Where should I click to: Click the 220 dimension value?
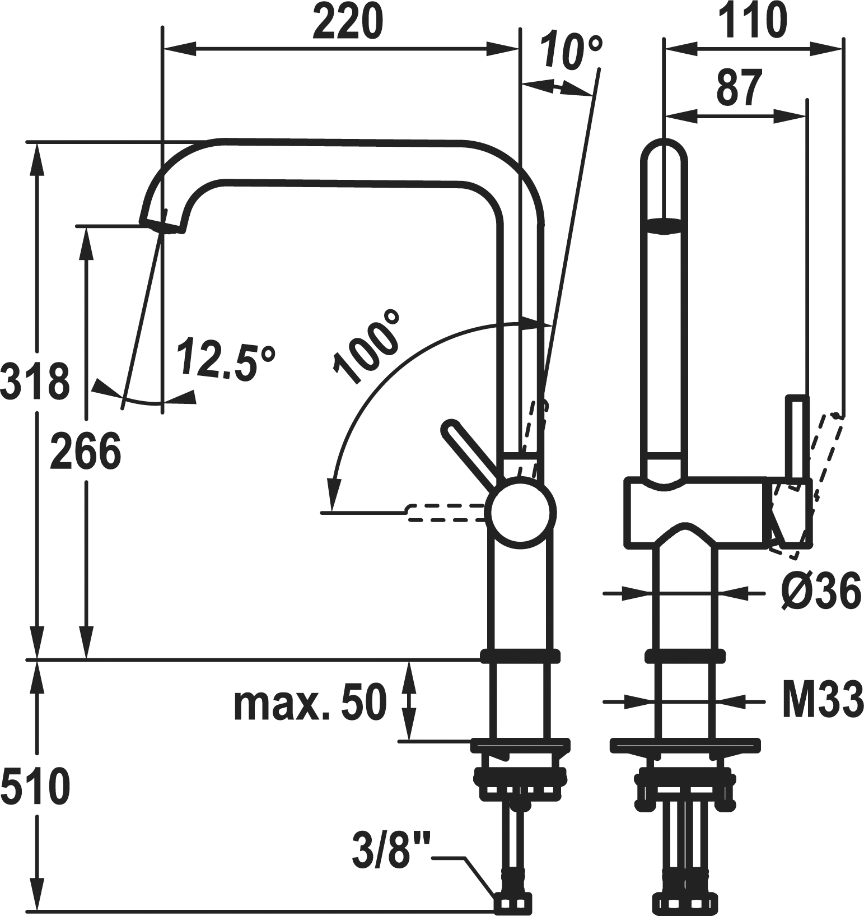tap(348, 21)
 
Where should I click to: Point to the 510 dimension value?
tap(35, 785)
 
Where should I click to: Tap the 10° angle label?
tap(572, 52)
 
